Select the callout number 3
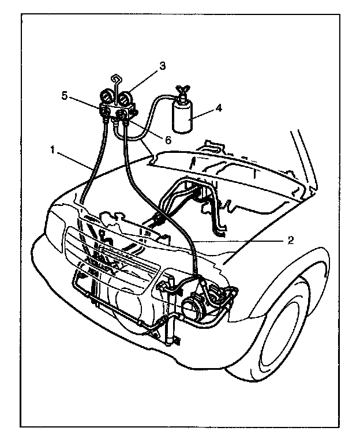pyautogui.click(x=163, y=66)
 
